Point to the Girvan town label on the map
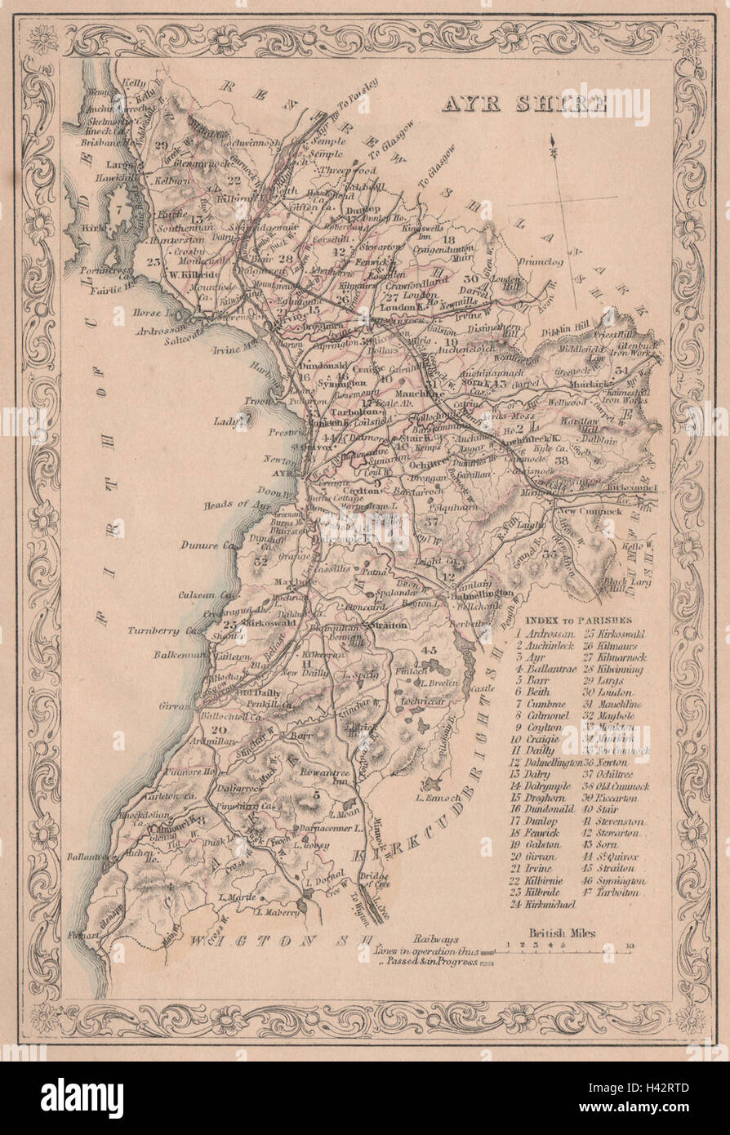click(x=178, y=706)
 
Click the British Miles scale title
click(x=561, y=932)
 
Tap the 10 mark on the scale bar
click(x=629, y=946)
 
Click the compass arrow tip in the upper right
click(x=554, y=145)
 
